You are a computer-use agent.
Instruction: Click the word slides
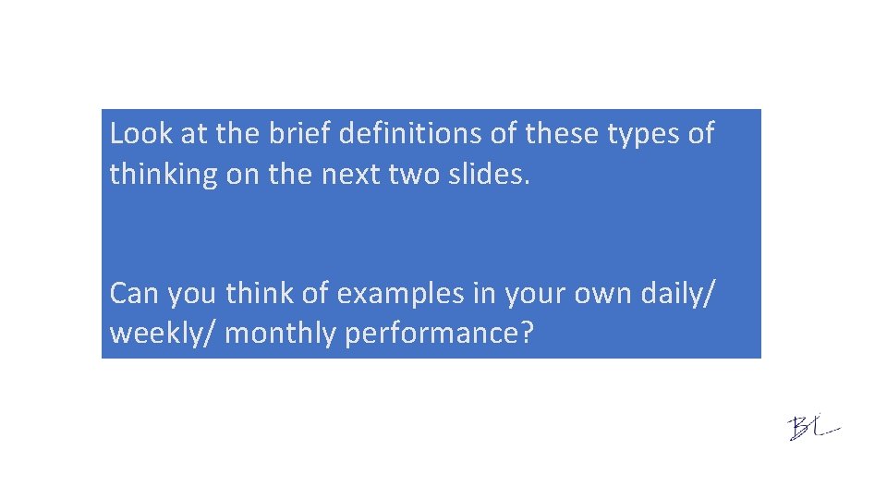pyautogui.click(x=491, y=175)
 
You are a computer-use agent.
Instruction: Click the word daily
pyautogui.click(x=672, y=294)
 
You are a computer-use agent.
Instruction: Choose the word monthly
pyautogui.click(x=282, y=334)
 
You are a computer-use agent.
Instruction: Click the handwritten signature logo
pyautogui.click(x=813, y=428)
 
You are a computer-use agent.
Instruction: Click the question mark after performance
pyautogui.click(x=528, y=334)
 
